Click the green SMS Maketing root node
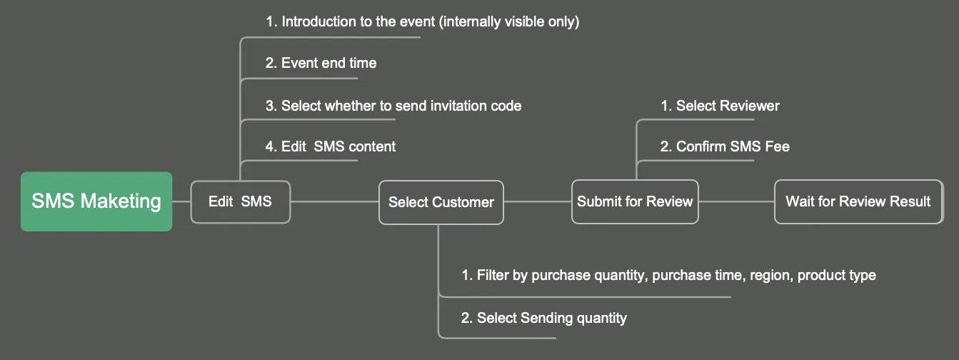(96, 201)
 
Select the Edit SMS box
(240, 201)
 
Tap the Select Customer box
(441, 202)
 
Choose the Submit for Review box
(635, 201)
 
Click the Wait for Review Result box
(858, 201)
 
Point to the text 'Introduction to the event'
(358, 21)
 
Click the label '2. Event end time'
(321, 63)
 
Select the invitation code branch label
(393, 106)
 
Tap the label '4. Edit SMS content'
(330, 146)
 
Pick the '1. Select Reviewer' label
(720, 106)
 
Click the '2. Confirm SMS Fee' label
(725, 146)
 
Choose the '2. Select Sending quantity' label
(543, 318)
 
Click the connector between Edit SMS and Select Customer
(335, 201)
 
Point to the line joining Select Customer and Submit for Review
(538, 201)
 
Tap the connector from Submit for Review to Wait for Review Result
(736, 201)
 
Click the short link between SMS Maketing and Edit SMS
(181, 201)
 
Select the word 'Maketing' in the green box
(121, 201)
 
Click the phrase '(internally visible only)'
(509, 21)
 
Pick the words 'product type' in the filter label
(837, 275)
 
